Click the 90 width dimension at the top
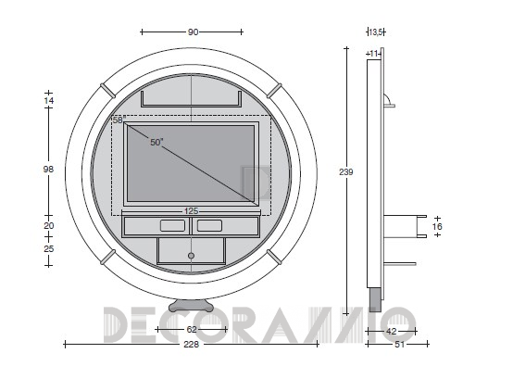193,32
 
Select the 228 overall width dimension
191,345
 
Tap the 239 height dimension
345,171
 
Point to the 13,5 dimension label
375,32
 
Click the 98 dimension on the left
48,170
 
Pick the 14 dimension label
48,100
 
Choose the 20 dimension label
48,225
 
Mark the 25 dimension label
48,249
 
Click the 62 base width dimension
192,329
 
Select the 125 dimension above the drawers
191,211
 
